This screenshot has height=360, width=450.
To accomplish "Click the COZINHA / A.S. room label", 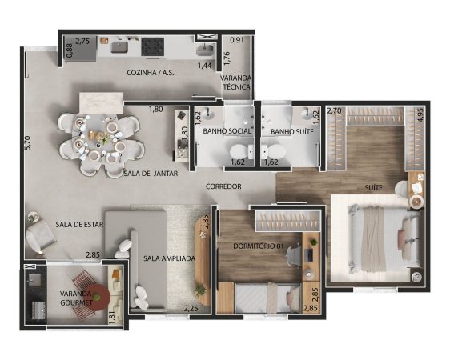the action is pos(151,73).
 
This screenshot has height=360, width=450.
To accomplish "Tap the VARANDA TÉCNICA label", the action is pos(235,82).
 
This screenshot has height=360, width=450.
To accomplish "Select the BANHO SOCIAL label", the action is pos(227,131).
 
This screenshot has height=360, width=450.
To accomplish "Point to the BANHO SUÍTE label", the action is pos(292,131).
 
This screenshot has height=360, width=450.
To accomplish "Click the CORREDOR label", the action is pos(223,186).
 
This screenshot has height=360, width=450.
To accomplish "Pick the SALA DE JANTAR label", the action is pos(151,174).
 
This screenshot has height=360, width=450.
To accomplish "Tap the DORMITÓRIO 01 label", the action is pos(259,246).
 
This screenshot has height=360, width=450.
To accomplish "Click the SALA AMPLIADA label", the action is pos(169,258).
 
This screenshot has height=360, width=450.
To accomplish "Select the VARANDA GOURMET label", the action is pos(76,298).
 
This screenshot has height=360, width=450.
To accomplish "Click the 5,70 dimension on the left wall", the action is pos(28,143).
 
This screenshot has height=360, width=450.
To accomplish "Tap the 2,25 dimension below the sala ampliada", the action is pos(191,309).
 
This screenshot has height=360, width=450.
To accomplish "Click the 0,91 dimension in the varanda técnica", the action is pos(237,40).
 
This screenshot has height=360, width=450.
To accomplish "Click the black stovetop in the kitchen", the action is pos(153,46).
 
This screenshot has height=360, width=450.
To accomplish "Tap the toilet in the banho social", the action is pos(240,151).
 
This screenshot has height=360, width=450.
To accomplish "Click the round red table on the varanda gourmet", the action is pos(98,298).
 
